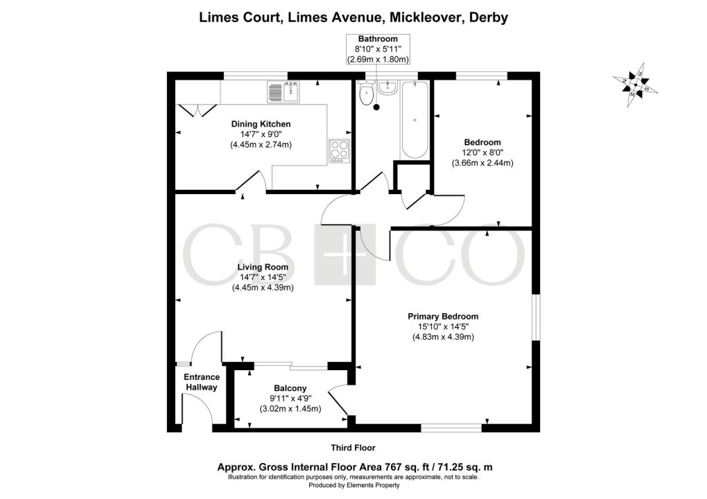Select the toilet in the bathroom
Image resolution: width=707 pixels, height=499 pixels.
pyautogui.click(x=366, y=94)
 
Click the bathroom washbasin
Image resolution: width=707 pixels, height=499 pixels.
pyautogui.click(x=387, y=90)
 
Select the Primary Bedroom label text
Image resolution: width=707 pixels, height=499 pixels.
pyautogui.click(x=442, y=317)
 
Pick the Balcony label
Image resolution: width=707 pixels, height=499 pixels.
pyautogui.click(x=290, y=389)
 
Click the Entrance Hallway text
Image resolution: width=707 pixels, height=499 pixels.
pyautogui.click(x=201, y=383)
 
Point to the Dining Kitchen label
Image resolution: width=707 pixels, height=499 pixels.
pyautogui.click(x=261, y=124)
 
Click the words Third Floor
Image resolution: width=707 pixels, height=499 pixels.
pyautogui.click(x=353, y=448)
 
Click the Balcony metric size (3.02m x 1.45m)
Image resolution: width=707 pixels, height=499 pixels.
pyautogui.click(x=290, y=409)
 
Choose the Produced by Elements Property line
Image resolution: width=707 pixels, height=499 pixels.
pyautogui.click(x=353, y=485)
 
